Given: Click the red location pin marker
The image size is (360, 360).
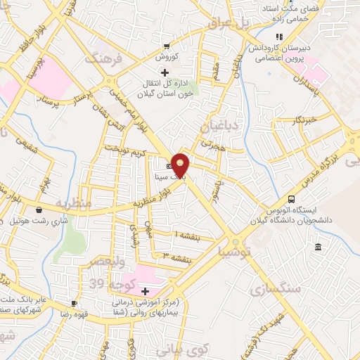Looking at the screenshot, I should tap(181, 165).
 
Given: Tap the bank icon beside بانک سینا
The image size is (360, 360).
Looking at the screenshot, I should tap(168, 165).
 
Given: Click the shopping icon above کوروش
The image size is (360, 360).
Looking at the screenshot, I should tap(166, 45).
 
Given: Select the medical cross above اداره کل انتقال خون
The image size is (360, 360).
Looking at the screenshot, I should tap(165, 72).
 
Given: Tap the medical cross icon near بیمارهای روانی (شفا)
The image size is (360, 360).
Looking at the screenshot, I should tap(145, 291).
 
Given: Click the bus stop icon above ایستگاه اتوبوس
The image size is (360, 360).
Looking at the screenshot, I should tap(292, 200).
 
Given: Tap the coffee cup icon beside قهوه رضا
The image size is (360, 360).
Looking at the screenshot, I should tap(73, 304).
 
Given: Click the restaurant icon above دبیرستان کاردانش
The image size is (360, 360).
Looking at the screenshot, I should tap(279, 37).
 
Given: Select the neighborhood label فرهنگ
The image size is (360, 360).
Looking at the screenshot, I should tap(103, 60).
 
